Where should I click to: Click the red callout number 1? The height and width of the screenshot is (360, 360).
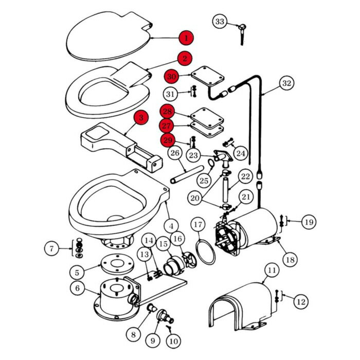click(x=187, y=38)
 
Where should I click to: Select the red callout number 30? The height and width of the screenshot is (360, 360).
click(x=171, y=77)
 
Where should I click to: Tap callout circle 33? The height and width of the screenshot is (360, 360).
click(x=220, y=22)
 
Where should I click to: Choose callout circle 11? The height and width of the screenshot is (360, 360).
click(x=272, y=269)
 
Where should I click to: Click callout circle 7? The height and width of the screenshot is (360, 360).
click(x=51, y=249)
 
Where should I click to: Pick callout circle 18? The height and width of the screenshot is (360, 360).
click(x=290, y=260)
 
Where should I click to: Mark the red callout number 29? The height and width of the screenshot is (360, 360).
click(x=168, y=140)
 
